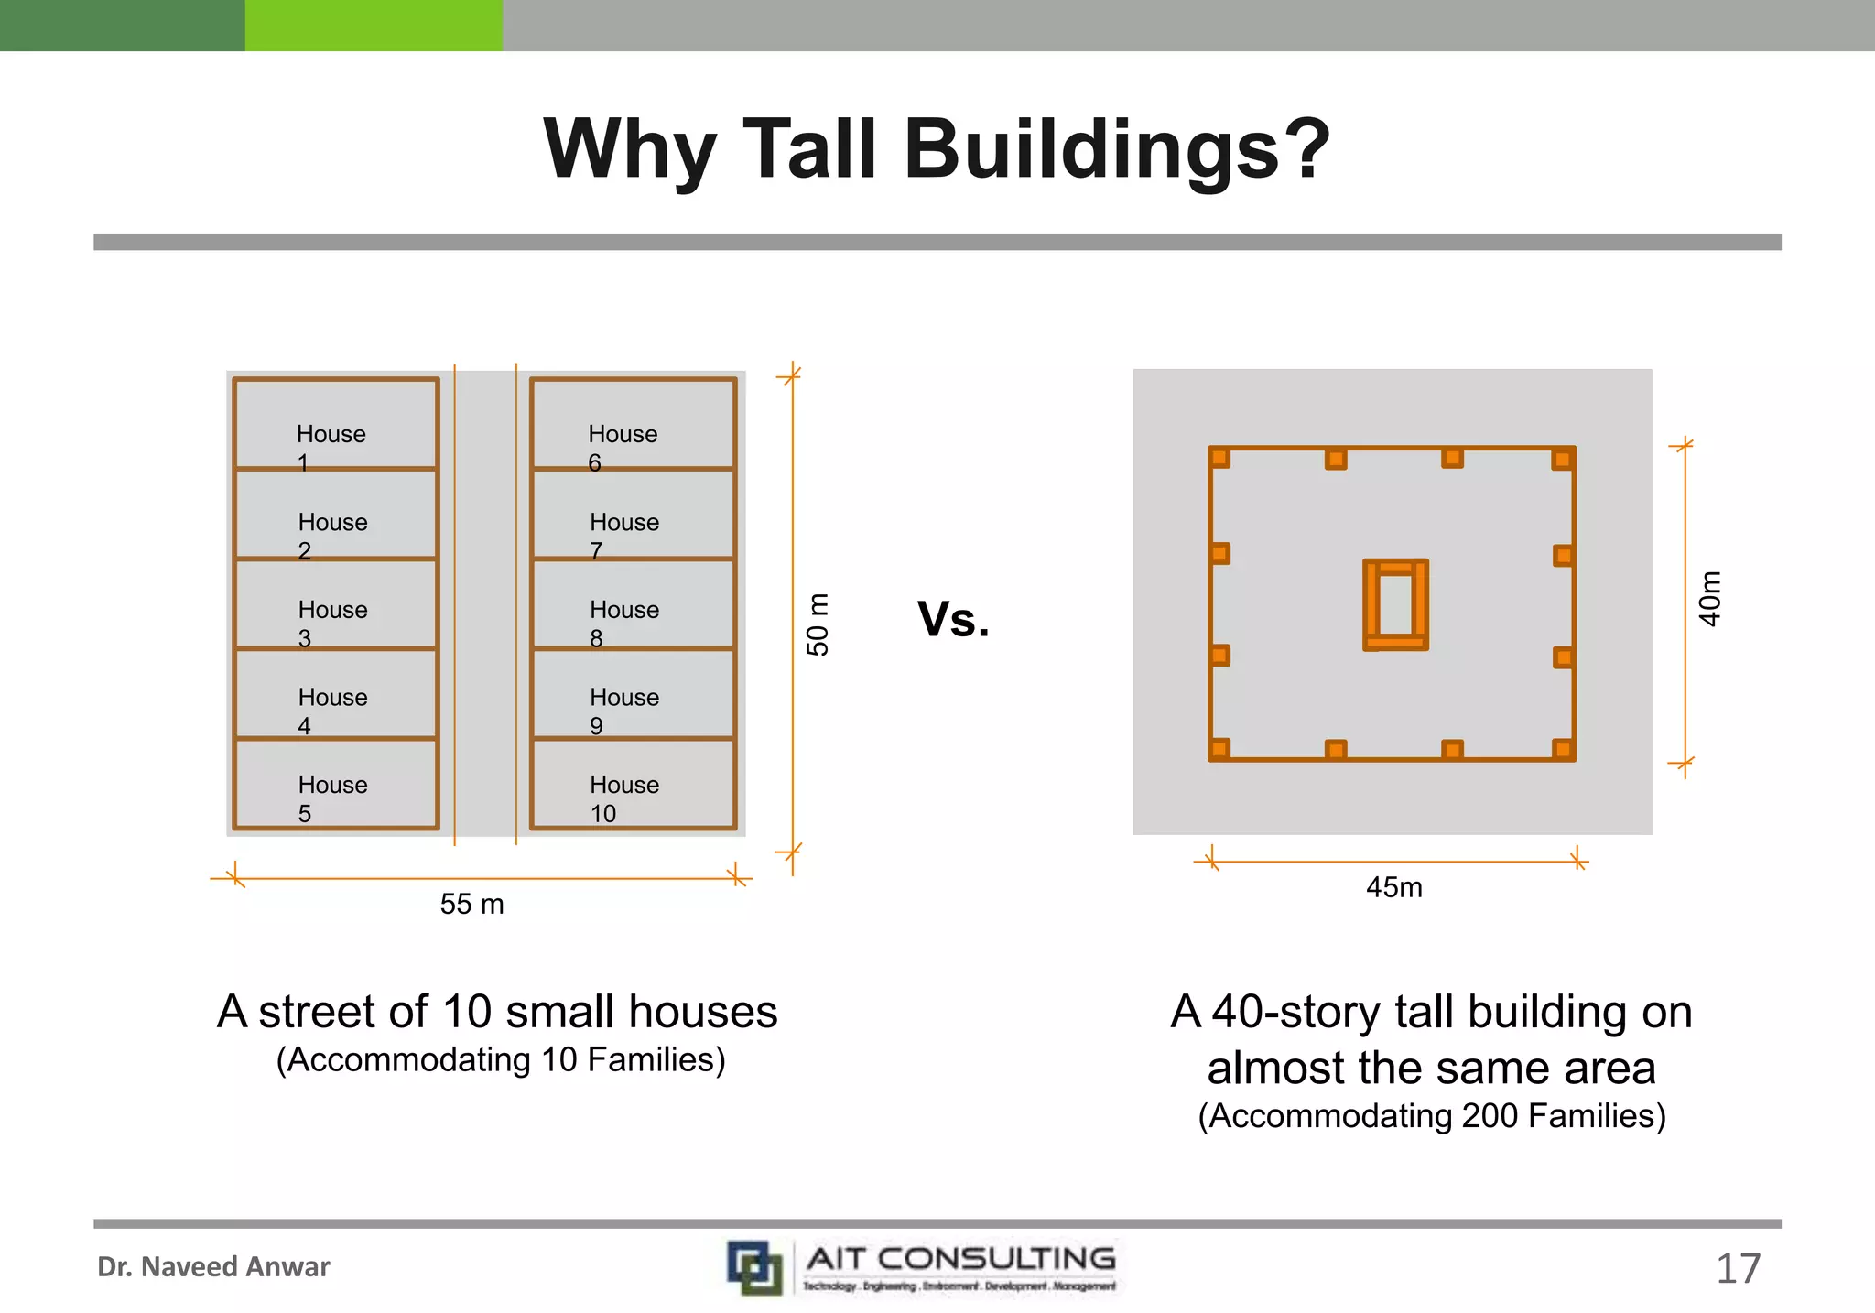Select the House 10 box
633,785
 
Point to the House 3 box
335,604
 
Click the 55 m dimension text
471,905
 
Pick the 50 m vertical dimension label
818,624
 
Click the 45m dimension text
1393,887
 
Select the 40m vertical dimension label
1709,599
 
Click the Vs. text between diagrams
953,619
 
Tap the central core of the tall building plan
1395,605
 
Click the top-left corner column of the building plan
1219,457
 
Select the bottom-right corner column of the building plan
1563,750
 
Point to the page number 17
1737,1269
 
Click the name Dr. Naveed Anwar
213,1267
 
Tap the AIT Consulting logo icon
754,1267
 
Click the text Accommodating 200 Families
1431,1116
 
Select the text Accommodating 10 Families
501,1059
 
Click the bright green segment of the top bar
374,25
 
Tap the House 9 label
623,710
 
